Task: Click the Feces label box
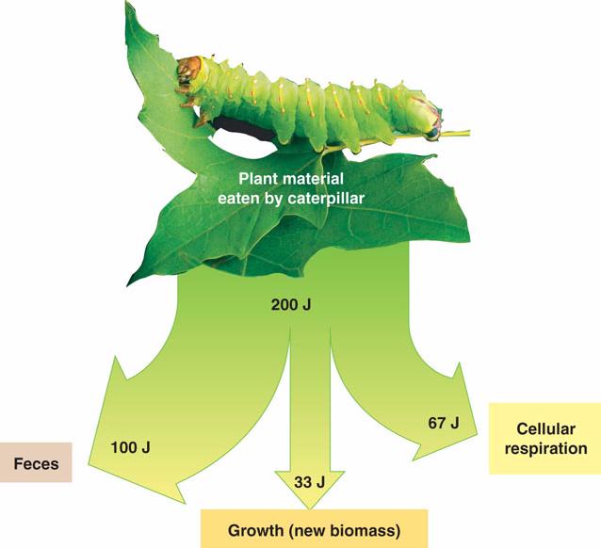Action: (x=37, y=462)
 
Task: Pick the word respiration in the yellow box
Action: (x=544, y=448)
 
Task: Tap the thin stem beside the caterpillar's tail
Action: (x=457, y=133)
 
